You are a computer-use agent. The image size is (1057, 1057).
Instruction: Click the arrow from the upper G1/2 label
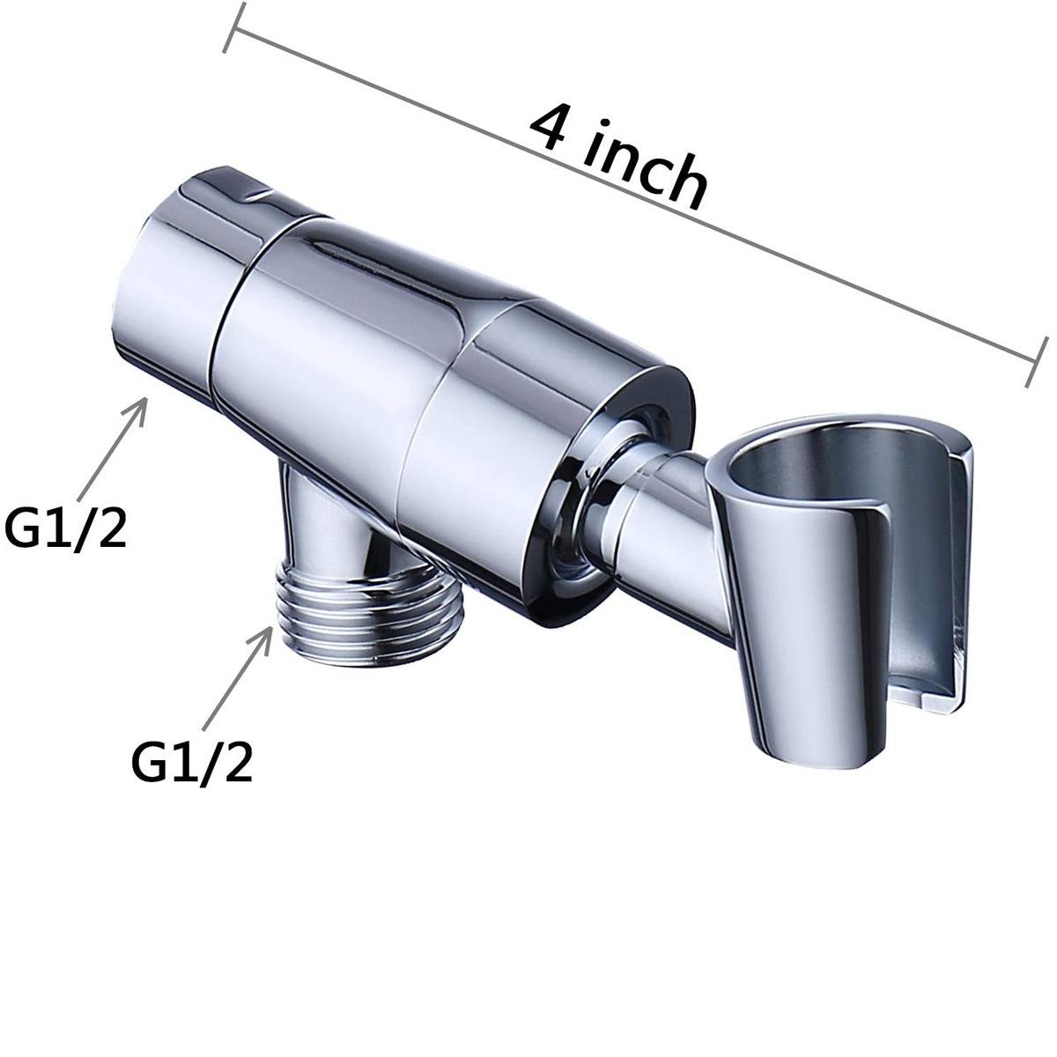112,446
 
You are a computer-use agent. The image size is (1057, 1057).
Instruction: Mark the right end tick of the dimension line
1038,361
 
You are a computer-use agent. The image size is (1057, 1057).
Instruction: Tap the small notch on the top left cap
256,188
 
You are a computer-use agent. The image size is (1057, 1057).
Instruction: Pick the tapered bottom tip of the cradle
788,749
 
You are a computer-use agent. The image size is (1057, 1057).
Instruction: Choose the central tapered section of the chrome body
335,352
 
